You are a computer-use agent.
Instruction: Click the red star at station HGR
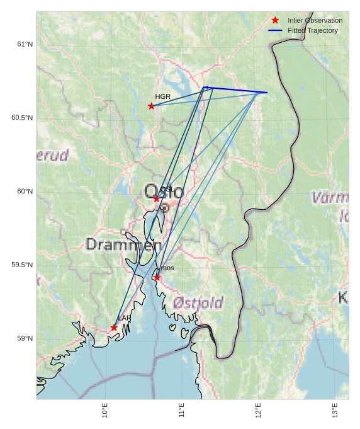(151, 106)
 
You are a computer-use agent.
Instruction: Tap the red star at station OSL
(157, 198)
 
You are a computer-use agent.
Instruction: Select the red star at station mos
(157, 278)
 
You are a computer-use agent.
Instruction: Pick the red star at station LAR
(114, 328)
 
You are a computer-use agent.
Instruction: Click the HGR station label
(162, 96)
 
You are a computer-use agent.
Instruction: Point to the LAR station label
(125, 318)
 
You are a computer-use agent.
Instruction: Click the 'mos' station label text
(167, 268)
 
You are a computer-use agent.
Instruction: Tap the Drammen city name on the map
(119, 244)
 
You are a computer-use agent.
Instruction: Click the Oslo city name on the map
(163, 192)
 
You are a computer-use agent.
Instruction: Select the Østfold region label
(198, 303)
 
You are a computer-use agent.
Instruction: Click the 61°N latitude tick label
(25, 44)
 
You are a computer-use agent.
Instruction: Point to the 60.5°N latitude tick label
(22, 118)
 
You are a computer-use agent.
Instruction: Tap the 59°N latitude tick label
(25, 338)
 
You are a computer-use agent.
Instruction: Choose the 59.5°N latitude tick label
(22, 265)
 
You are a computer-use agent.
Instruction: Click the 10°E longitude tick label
(105, 410)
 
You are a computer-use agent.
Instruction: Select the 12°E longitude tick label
(258, 410)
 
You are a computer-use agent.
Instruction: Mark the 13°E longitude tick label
(335, 410)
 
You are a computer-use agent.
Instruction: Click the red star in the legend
(275, 20)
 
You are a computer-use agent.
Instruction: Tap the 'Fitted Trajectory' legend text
(313, 30)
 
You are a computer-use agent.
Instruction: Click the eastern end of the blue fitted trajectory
(267, 93)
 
